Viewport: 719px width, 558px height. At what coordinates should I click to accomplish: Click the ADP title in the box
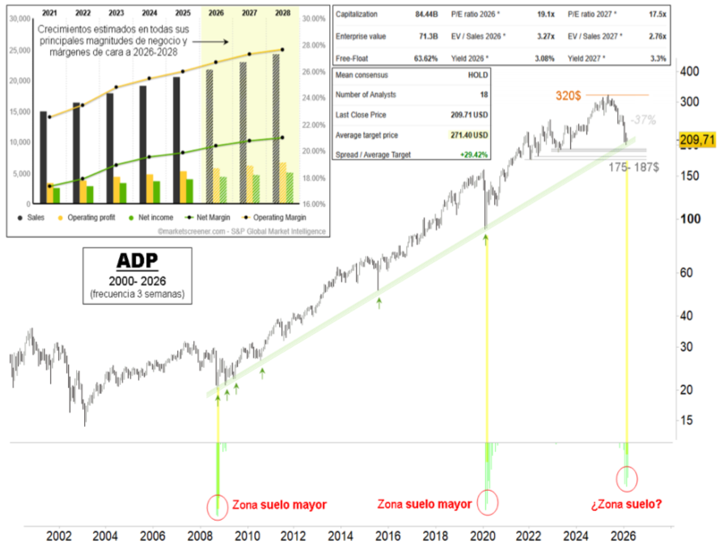click(x=136, y=261)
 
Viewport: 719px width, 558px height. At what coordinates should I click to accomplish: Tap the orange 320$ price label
click(x=568, y=95)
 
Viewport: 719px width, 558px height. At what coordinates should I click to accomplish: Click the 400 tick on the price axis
click(x=688, y=72)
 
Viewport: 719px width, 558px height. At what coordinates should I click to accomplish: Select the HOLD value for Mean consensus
click(x=478, y=74)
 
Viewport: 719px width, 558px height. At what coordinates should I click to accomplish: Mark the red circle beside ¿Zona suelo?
click(x=627, y=479)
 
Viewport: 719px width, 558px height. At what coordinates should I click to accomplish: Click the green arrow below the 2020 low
click(x=485, y=239)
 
